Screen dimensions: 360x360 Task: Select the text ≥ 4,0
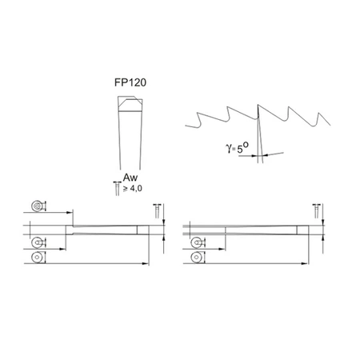133,189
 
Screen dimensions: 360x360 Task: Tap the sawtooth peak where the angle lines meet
258,105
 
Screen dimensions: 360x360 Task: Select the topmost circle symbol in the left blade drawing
36,206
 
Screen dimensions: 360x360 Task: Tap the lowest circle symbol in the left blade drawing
36,259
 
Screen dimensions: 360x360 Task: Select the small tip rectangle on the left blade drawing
142,231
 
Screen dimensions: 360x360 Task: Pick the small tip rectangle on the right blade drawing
301,230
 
